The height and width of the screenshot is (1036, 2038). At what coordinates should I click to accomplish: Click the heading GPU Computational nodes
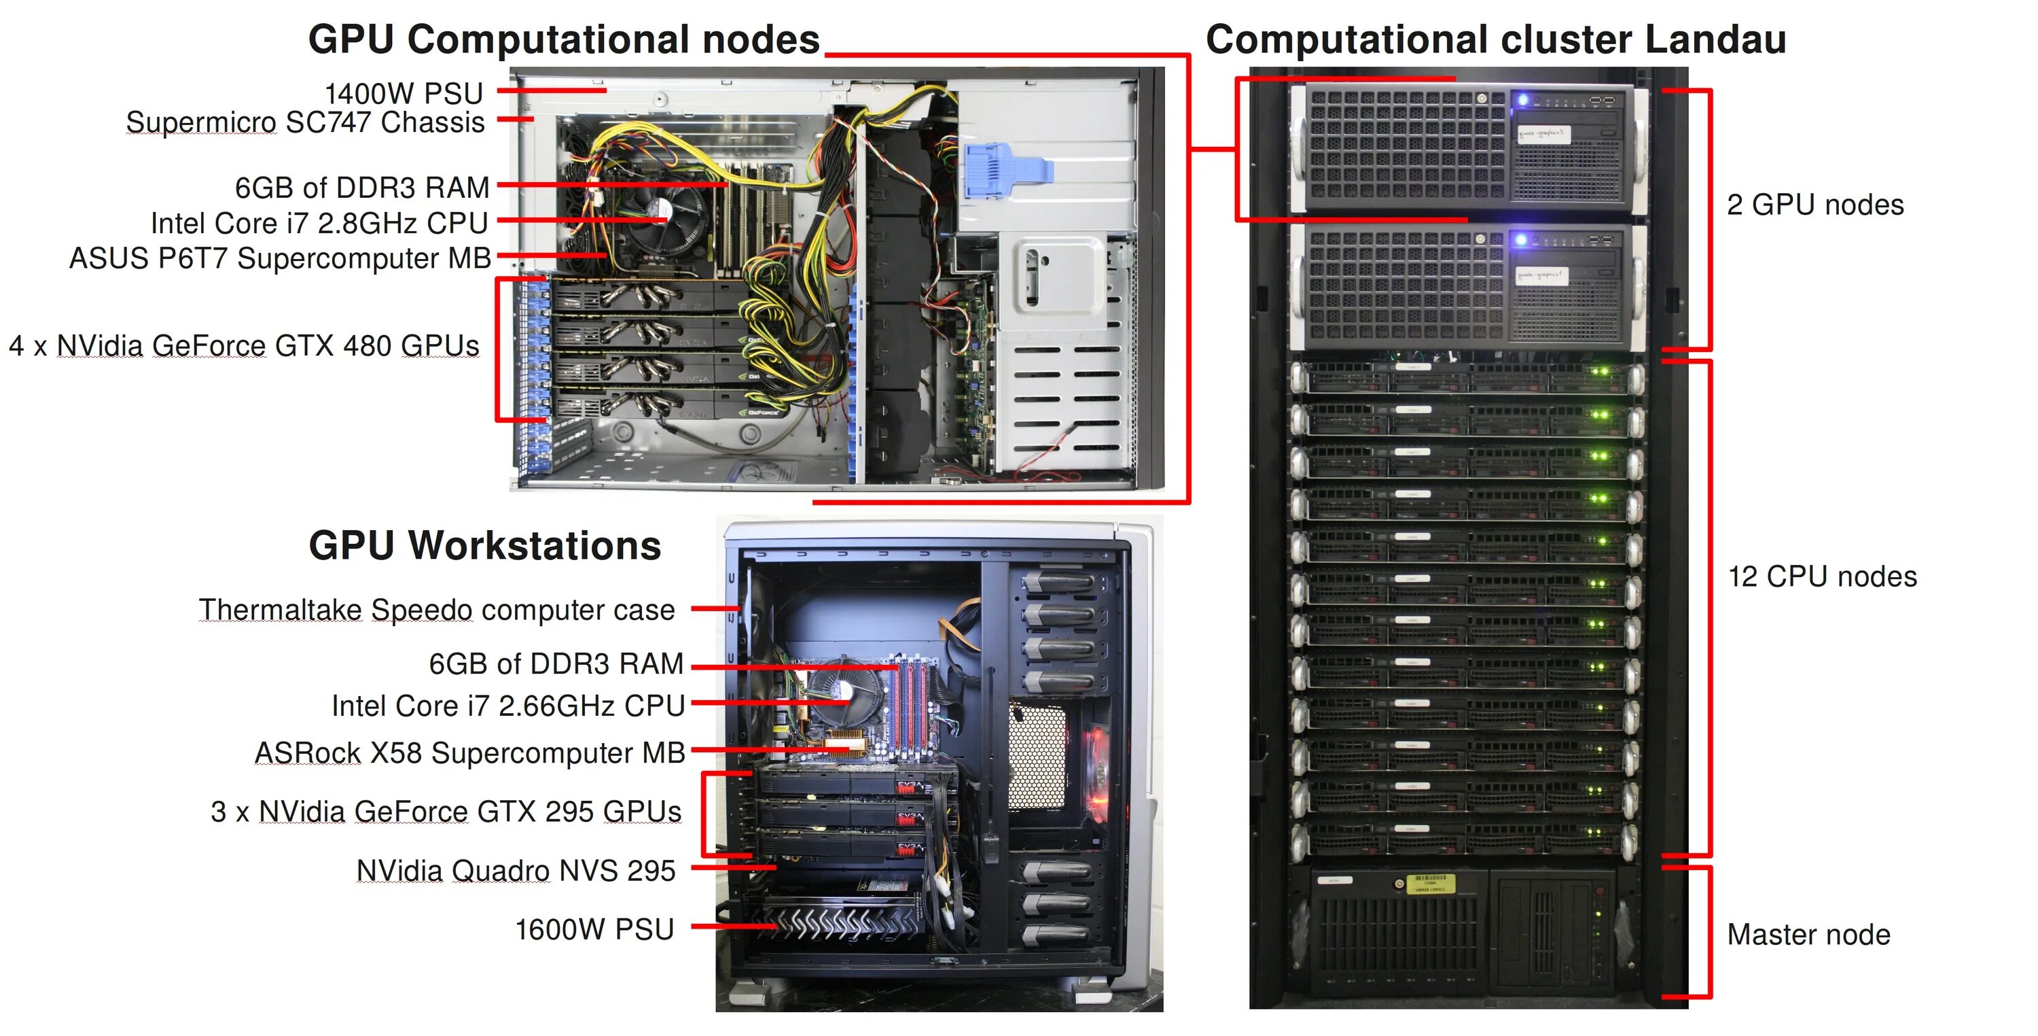point(563,39)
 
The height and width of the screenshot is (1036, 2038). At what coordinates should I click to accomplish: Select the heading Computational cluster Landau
point(1495,39)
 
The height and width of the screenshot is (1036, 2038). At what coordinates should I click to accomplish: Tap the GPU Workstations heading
point(484,546)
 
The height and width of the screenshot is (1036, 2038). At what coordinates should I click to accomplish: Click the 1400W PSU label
point(404,93)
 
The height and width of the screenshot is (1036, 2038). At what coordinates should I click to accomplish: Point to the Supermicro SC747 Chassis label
point(306,122)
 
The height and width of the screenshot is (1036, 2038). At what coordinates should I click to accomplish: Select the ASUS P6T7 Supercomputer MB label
point(280,258)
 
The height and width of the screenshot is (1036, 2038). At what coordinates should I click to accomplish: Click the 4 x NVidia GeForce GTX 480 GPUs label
point(244,346)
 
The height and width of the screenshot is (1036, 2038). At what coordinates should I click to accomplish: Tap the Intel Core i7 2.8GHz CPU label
point(319,223)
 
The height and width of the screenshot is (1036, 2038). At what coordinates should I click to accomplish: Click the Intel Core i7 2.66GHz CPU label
point(508,705)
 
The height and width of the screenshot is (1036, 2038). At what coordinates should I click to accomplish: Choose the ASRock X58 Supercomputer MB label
point(470,753)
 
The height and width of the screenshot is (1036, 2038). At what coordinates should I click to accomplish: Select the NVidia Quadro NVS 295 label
point(516,871)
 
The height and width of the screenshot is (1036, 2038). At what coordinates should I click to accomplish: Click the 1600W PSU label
point(594,929)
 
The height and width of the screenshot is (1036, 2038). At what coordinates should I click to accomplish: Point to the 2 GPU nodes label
point(1815,205)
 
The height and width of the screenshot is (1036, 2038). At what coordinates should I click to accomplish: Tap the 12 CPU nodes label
point(1822,576)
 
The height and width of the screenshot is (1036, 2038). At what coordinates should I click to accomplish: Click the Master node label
point(1808,935)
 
